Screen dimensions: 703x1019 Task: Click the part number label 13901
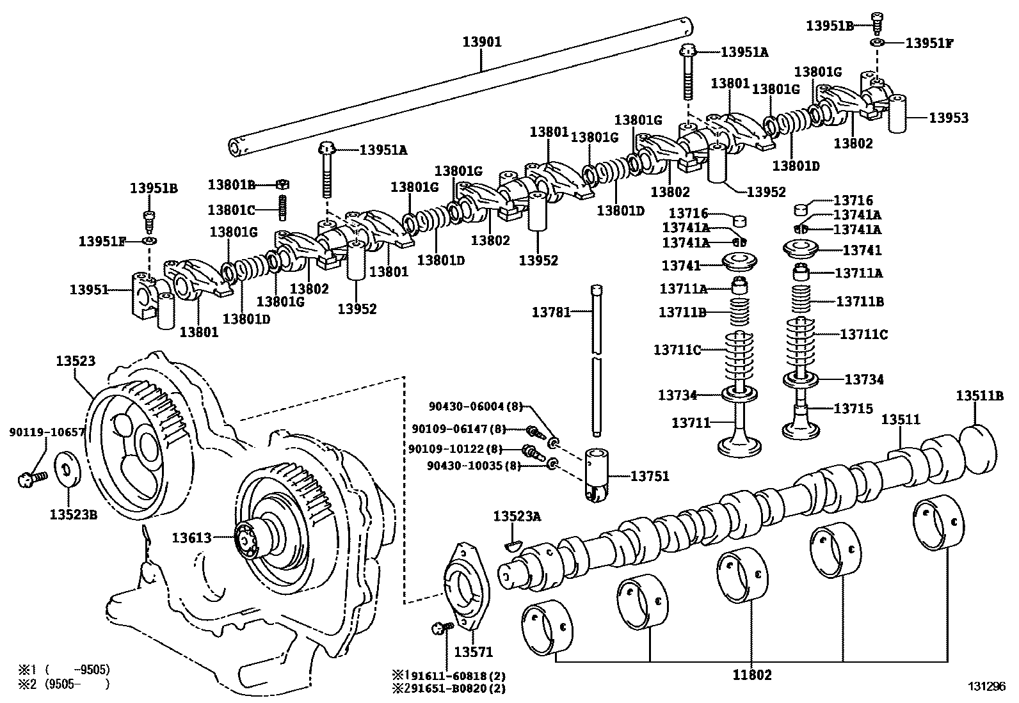coord(482,42)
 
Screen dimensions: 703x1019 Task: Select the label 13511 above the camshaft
coord(901,420)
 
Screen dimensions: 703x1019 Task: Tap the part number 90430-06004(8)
coord(476,406)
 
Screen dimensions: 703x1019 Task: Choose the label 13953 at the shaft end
coord(949,118)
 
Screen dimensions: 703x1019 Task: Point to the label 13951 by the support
coord(89,290)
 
